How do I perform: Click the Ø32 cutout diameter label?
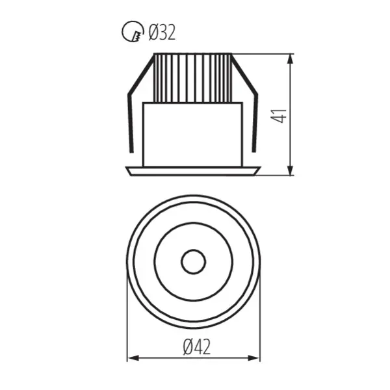point(162,32)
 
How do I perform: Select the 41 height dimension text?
point(279,116)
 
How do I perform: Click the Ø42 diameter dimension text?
point(196,348)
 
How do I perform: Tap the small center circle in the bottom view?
point(193,263)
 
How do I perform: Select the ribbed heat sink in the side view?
point(193,77)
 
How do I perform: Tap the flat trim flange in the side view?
point(193,171)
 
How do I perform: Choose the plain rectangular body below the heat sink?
point(193,133)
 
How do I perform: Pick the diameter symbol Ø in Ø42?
point(186,348)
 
